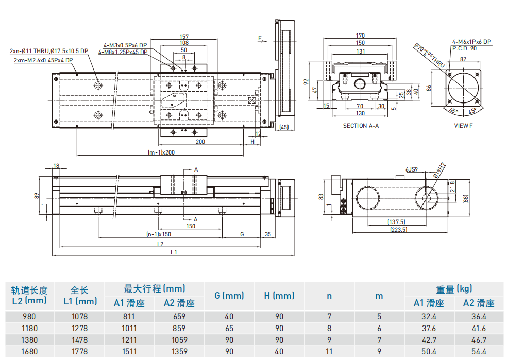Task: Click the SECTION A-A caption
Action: point(361,125)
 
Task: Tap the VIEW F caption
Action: point(463,125)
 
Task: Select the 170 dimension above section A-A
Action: point(360,36)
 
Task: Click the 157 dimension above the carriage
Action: point(183,37)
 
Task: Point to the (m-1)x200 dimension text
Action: point(161,152)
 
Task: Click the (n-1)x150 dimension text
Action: point(158,234)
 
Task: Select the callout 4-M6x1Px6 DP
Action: point(471,42)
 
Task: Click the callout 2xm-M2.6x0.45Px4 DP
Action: point(43,60)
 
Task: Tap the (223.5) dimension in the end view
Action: point(398,230)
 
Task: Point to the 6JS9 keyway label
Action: point(411,168)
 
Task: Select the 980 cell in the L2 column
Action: point(29,317)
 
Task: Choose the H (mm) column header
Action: point(279,296)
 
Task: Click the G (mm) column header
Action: point(229,296)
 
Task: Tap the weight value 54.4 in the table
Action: point(479,352)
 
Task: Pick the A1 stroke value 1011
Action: point(129,329)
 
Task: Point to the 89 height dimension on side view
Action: point(36,196)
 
